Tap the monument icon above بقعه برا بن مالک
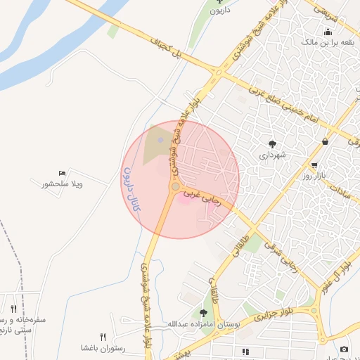point(328,32)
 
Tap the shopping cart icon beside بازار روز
point(324,142)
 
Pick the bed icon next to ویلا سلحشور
point(63,173)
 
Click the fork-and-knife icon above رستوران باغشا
point(103,337)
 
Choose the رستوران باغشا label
point(103,348)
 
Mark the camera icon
point(344,349)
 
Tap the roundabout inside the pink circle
point(174,186)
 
